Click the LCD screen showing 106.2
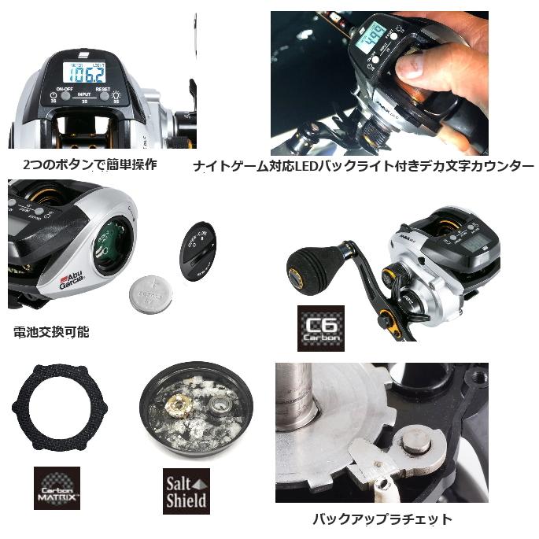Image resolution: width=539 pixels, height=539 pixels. pyautogui.click(x=84, y=74)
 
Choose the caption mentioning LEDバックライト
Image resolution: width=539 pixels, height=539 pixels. pyautogui.click(x=364, y=167)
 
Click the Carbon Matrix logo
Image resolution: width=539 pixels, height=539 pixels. pyautogui.click(x=57, y=487)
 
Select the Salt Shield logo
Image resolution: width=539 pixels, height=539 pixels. pyautogui.click(x=186, y=491)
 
